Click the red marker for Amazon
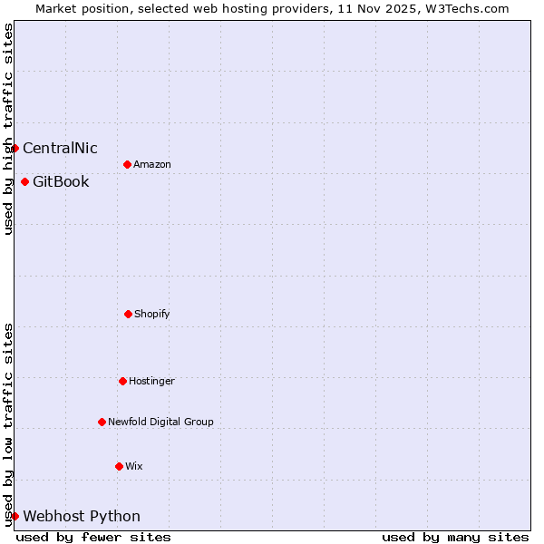click(x=127, y=164)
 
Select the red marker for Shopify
click(x=128, y=314)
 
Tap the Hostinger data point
click(x=122, y=381)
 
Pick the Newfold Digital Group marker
click(x=102, y=422)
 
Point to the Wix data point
click(x=119, y=466)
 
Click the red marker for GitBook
click(x=24, y=181)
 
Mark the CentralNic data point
click(x=15, y=148)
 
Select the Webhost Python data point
click(x=15, y=516)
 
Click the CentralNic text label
click(x=60, y=148)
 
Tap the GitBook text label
click(x=61, y=181)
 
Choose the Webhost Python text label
click(x=82, y=516)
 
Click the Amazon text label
click(x=152, y=164)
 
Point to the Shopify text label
click(x=152, y=314)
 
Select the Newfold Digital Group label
click(x=160, y=422)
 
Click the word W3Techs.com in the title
click(x=467, y=8)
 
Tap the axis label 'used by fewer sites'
click(x=93, y=537)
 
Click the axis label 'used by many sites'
click(x=455, y=537)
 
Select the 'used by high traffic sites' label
click(x=8, y=129)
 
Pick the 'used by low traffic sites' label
click(x=8, y=424)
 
